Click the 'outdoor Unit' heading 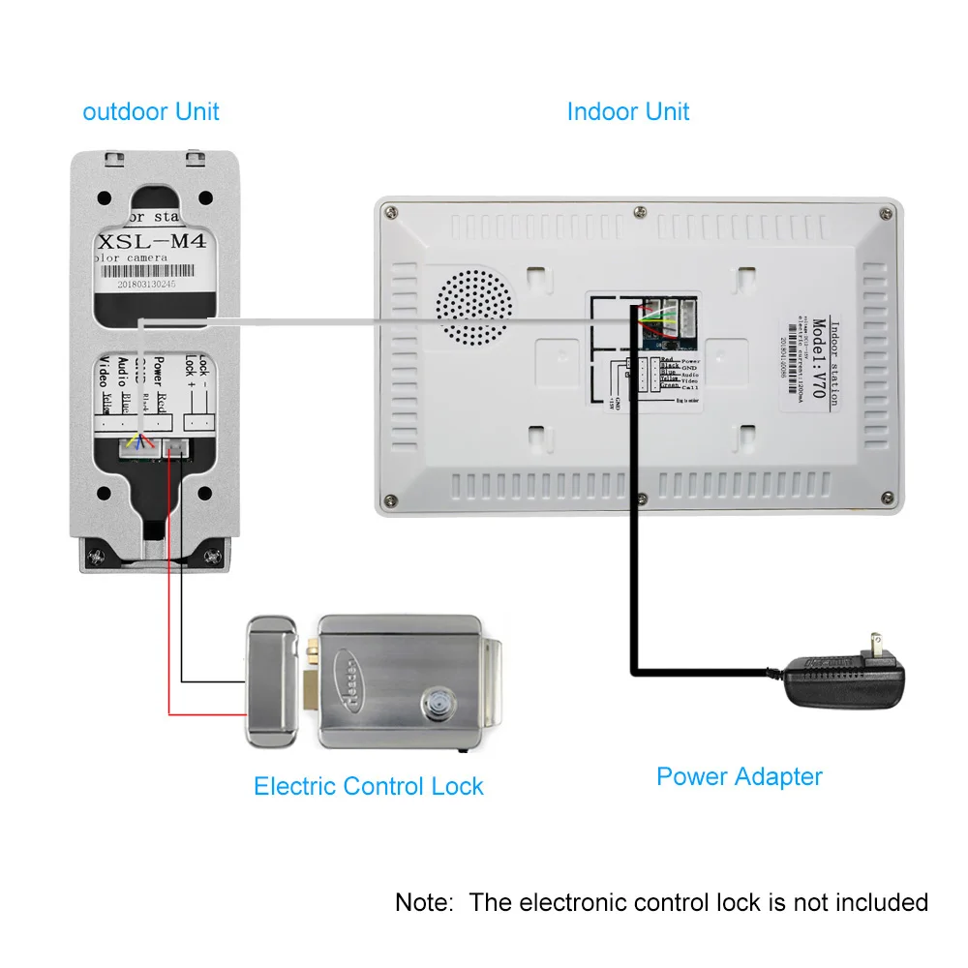pyautogui.click(x=151, y=111)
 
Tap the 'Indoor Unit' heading pyautogui.click(x=627, y=111)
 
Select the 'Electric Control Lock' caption pyautogui.click(x=368, y=786)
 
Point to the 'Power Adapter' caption pyautogui.click(x=739, y=776)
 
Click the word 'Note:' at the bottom pyautogui.click(x=424, y=902)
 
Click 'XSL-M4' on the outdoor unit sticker pyautogui.click(x=154, y=242)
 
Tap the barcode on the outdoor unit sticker pyautogui.click(x=154, y=275)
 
